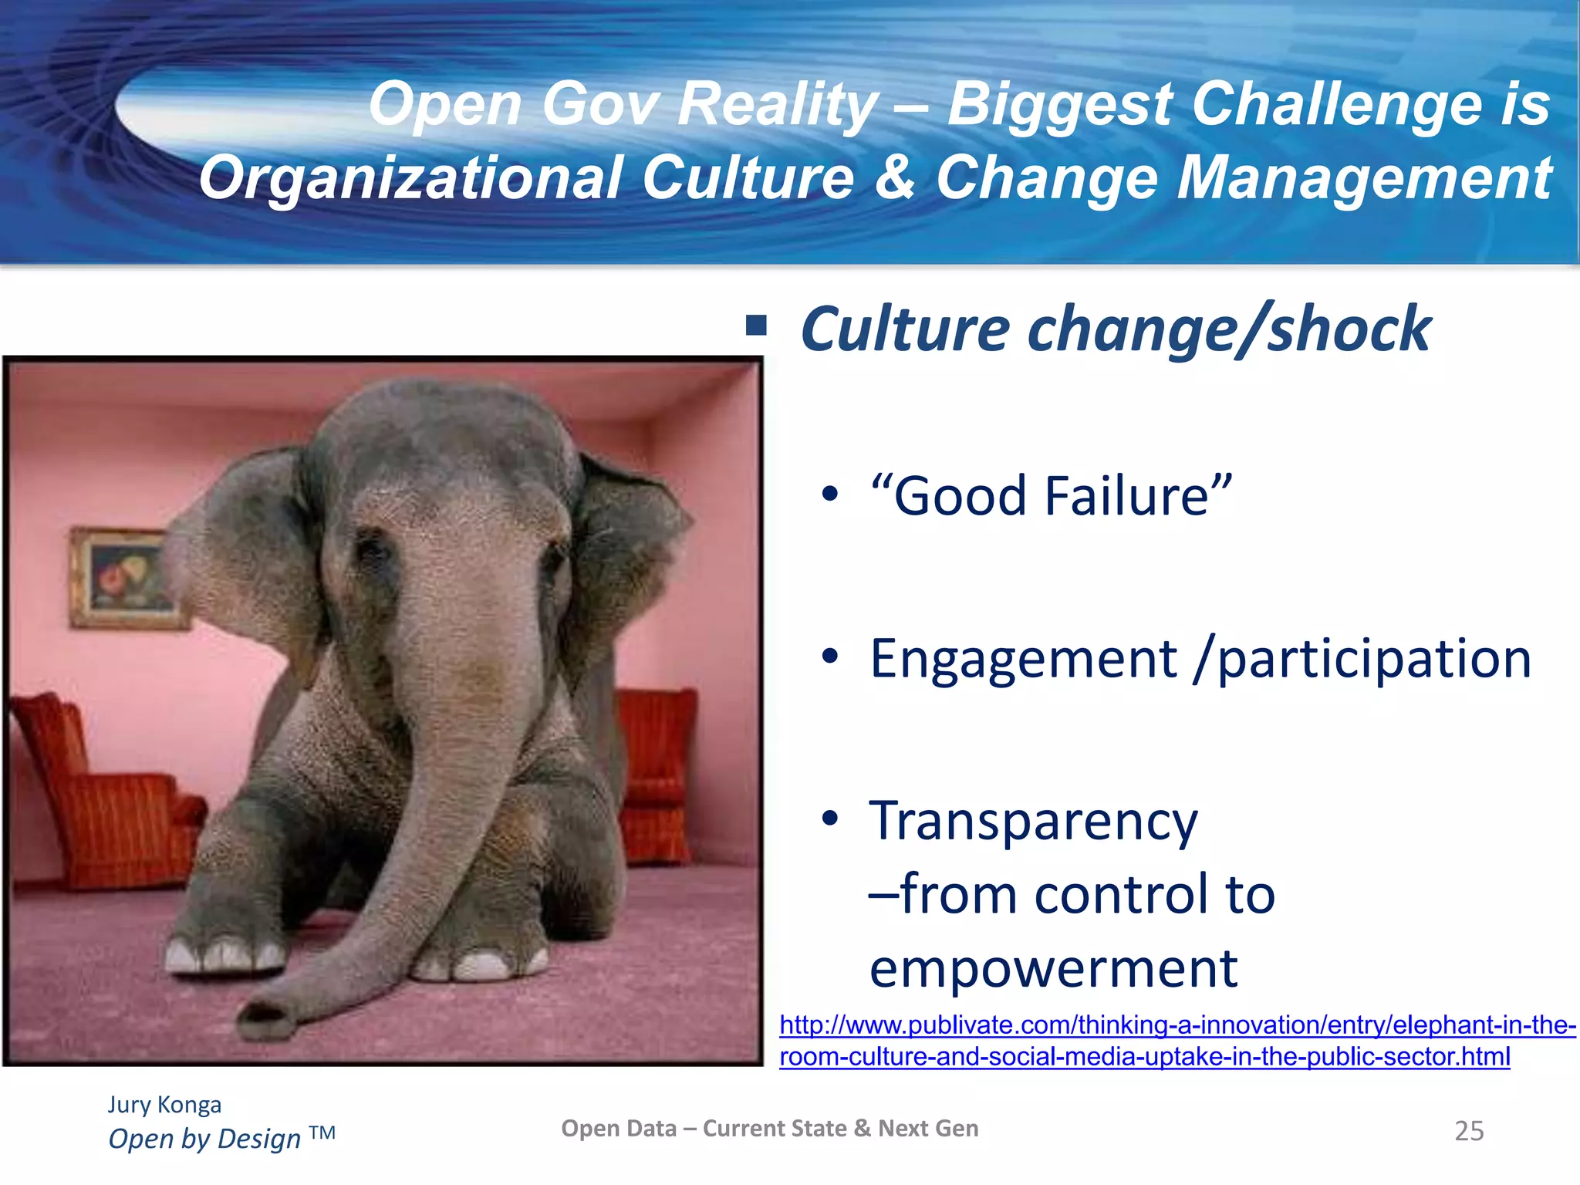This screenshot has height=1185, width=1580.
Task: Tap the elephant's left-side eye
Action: (x=373, y=550)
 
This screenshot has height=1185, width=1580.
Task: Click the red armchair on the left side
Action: (x=100, y=795)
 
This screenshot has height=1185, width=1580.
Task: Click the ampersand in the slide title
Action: (x=895, y=177)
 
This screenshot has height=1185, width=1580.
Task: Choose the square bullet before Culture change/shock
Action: (x=756, y=326)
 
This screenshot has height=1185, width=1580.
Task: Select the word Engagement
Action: (x=1023, y=659)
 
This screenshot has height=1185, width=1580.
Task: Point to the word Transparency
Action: (x=1034, y=822)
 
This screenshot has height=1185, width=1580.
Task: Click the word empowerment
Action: (x=1053, y=968)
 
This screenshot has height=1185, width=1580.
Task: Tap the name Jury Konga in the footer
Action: (x=164, y=1105)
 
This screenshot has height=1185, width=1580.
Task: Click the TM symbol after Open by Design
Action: (x=322, y=1133)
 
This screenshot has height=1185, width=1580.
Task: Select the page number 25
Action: (x=1469, y=1131)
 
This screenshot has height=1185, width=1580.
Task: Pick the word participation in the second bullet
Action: (x=1373, y=659)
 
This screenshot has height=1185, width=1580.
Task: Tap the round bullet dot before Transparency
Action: (x=829, y=819)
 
